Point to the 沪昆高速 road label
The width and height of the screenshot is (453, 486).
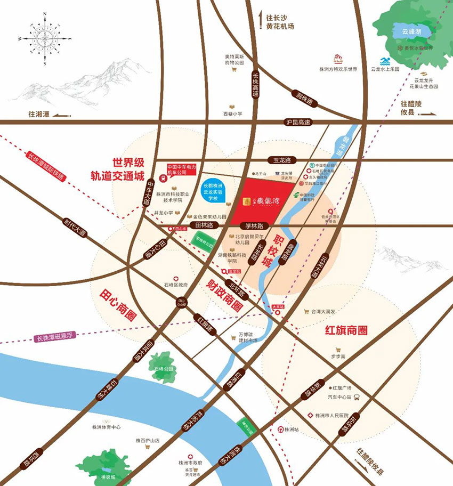click(298, 123)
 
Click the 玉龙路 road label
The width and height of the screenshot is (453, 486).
click(283, 160)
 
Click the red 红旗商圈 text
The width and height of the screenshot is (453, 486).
click(346, 330)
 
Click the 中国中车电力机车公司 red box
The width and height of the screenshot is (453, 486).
click(182, 169)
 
